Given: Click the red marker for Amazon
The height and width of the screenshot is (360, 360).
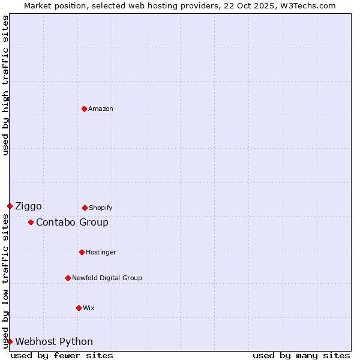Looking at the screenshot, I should point(84,109).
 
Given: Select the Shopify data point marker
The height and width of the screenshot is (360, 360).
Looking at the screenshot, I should point(85,208).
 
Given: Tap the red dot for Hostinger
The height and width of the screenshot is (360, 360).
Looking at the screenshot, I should point(82,252).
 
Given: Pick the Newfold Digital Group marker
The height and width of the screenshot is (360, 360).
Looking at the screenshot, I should point(68,278).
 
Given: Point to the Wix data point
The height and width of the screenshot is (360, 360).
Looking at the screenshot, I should point(79,308).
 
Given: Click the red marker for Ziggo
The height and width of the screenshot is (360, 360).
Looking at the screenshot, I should point(10,206).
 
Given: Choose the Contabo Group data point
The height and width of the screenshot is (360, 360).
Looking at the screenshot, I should point(31,222).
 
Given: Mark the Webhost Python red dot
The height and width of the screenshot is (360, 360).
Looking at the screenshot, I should point(10,341).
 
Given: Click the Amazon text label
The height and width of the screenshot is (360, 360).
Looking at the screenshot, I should point(101,109).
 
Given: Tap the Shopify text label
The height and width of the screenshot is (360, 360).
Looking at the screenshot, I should point(101,208).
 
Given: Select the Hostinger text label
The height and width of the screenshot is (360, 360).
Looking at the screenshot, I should point(101,252).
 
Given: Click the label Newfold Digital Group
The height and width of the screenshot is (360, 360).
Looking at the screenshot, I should point(107,278).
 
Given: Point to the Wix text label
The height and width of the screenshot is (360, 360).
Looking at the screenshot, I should point(89,308).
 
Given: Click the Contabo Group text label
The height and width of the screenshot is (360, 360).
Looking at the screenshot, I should point(72,222).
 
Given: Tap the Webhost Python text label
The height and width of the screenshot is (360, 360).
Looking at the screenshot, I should point(54,341).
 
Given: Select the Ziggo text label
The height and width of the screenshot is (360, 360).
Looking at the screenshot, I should point(28,206).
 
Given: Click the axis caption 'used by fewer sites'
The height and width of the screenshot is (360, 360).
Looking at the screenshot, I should point(62,355).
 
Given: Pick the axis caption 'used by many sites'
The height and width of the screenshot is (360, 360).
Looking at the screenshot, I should point(301,355).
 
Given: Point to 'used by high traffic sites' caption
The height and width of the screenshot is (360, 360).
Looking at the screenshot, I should point(5,85).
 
